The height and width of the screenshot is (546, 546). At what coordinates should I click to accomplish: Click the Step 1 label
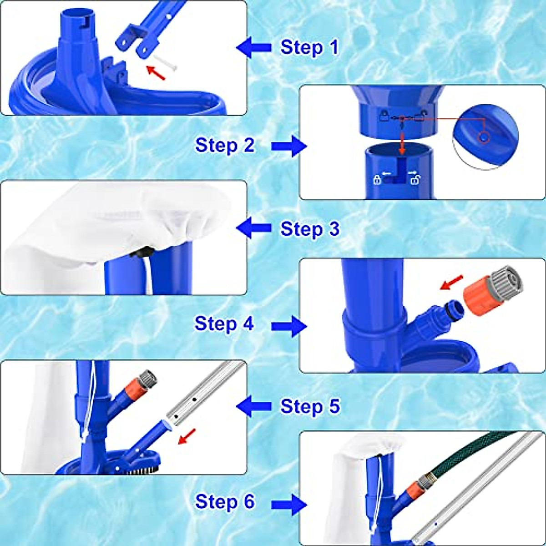coord(309,47)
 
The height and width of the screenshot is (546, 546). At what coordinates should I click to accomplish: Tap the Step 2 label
coord(225,145)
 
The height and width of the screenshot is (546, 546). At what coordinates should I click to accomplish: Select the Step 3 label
coord(310,228)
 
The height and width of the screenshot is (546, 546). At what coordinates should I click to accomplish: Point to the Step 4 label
coord(224,324)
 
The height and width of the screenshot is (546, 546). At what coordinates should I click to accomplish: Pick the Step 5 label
coord(310,406)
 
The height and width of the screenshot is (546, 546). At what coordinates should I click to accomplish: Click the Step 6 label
coord(225,501)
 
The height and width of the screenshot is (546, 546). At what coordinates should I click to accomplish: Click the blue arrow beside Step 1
coord(253,48)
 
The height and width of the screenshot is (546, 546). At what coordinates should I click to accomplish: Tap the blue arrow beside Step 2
coord(289,146)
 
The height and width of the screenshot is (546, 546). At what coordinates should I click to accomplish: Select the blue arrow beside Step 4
coord(289,327)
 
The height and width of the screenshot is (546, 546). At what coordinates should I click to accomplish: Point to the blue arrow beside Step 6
coord(289,505)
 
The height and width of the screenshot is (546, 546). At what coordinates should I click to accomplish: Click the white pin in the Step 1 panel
coord(165,62)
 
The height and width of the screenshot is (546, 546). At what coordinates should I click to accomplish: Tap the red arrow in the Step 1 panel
coord(155,72)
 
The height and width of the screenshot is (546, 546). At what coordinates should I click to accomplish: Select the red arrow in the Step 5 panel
coord(187,436)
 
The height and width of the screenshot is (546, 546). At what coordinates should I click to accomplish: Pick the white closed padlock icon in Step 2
coord(377,180)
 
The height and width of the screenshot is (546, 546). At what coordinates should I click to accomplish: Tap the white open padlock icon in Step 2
coord(415,179)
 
